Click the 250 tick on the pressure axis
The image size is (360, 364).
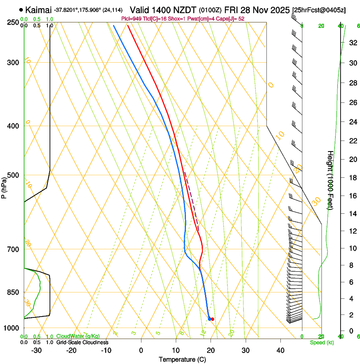pos(13,22)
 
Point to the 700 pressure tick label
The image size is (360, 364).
pos(13,249)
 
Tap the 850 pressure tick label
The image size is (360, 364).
pos(13,292)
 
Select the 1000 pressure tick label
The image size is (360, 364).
pos(11,328)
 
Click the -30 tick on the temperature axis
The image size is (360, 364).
pos(36,350)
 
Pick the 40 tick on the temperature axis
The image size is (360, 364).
pos(280,350)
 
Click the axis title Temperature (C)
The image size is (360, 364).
pos(182,359)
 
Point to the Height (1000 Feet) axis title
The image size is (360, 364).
pos(330,180)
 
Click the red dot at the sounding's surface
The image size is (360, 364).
pos(212,319)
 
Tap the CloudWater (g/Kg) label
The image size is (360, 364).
pos(78,336)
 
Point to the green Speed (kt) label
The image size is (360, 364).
pos(322,342)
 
